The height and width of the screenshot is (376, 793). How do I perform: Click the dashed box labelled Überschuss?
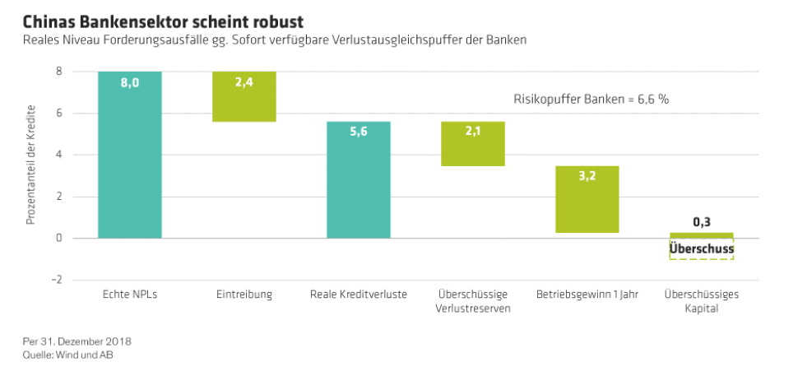point(702,249)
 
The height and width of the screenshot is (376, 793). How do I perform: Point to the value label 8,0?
point(129,82)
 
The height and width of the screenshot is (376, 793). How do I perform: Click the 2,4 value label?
point(244,82)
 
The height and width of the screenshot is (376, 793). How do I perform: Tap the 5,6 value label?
point(359,132)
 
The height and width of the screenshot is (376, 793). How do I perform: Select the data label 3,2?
point(587,176)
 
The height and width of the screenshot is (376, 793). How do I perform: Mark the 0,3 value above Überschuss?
point(702,222)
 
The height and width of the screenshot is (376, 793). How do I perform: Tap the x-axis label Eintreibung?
point(244,295)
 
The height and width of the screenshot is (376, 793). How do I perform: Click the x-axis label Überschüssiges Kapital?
point(701,301)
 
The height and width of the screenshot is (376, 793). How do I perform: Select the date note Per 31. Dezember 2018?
point(77,341)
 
